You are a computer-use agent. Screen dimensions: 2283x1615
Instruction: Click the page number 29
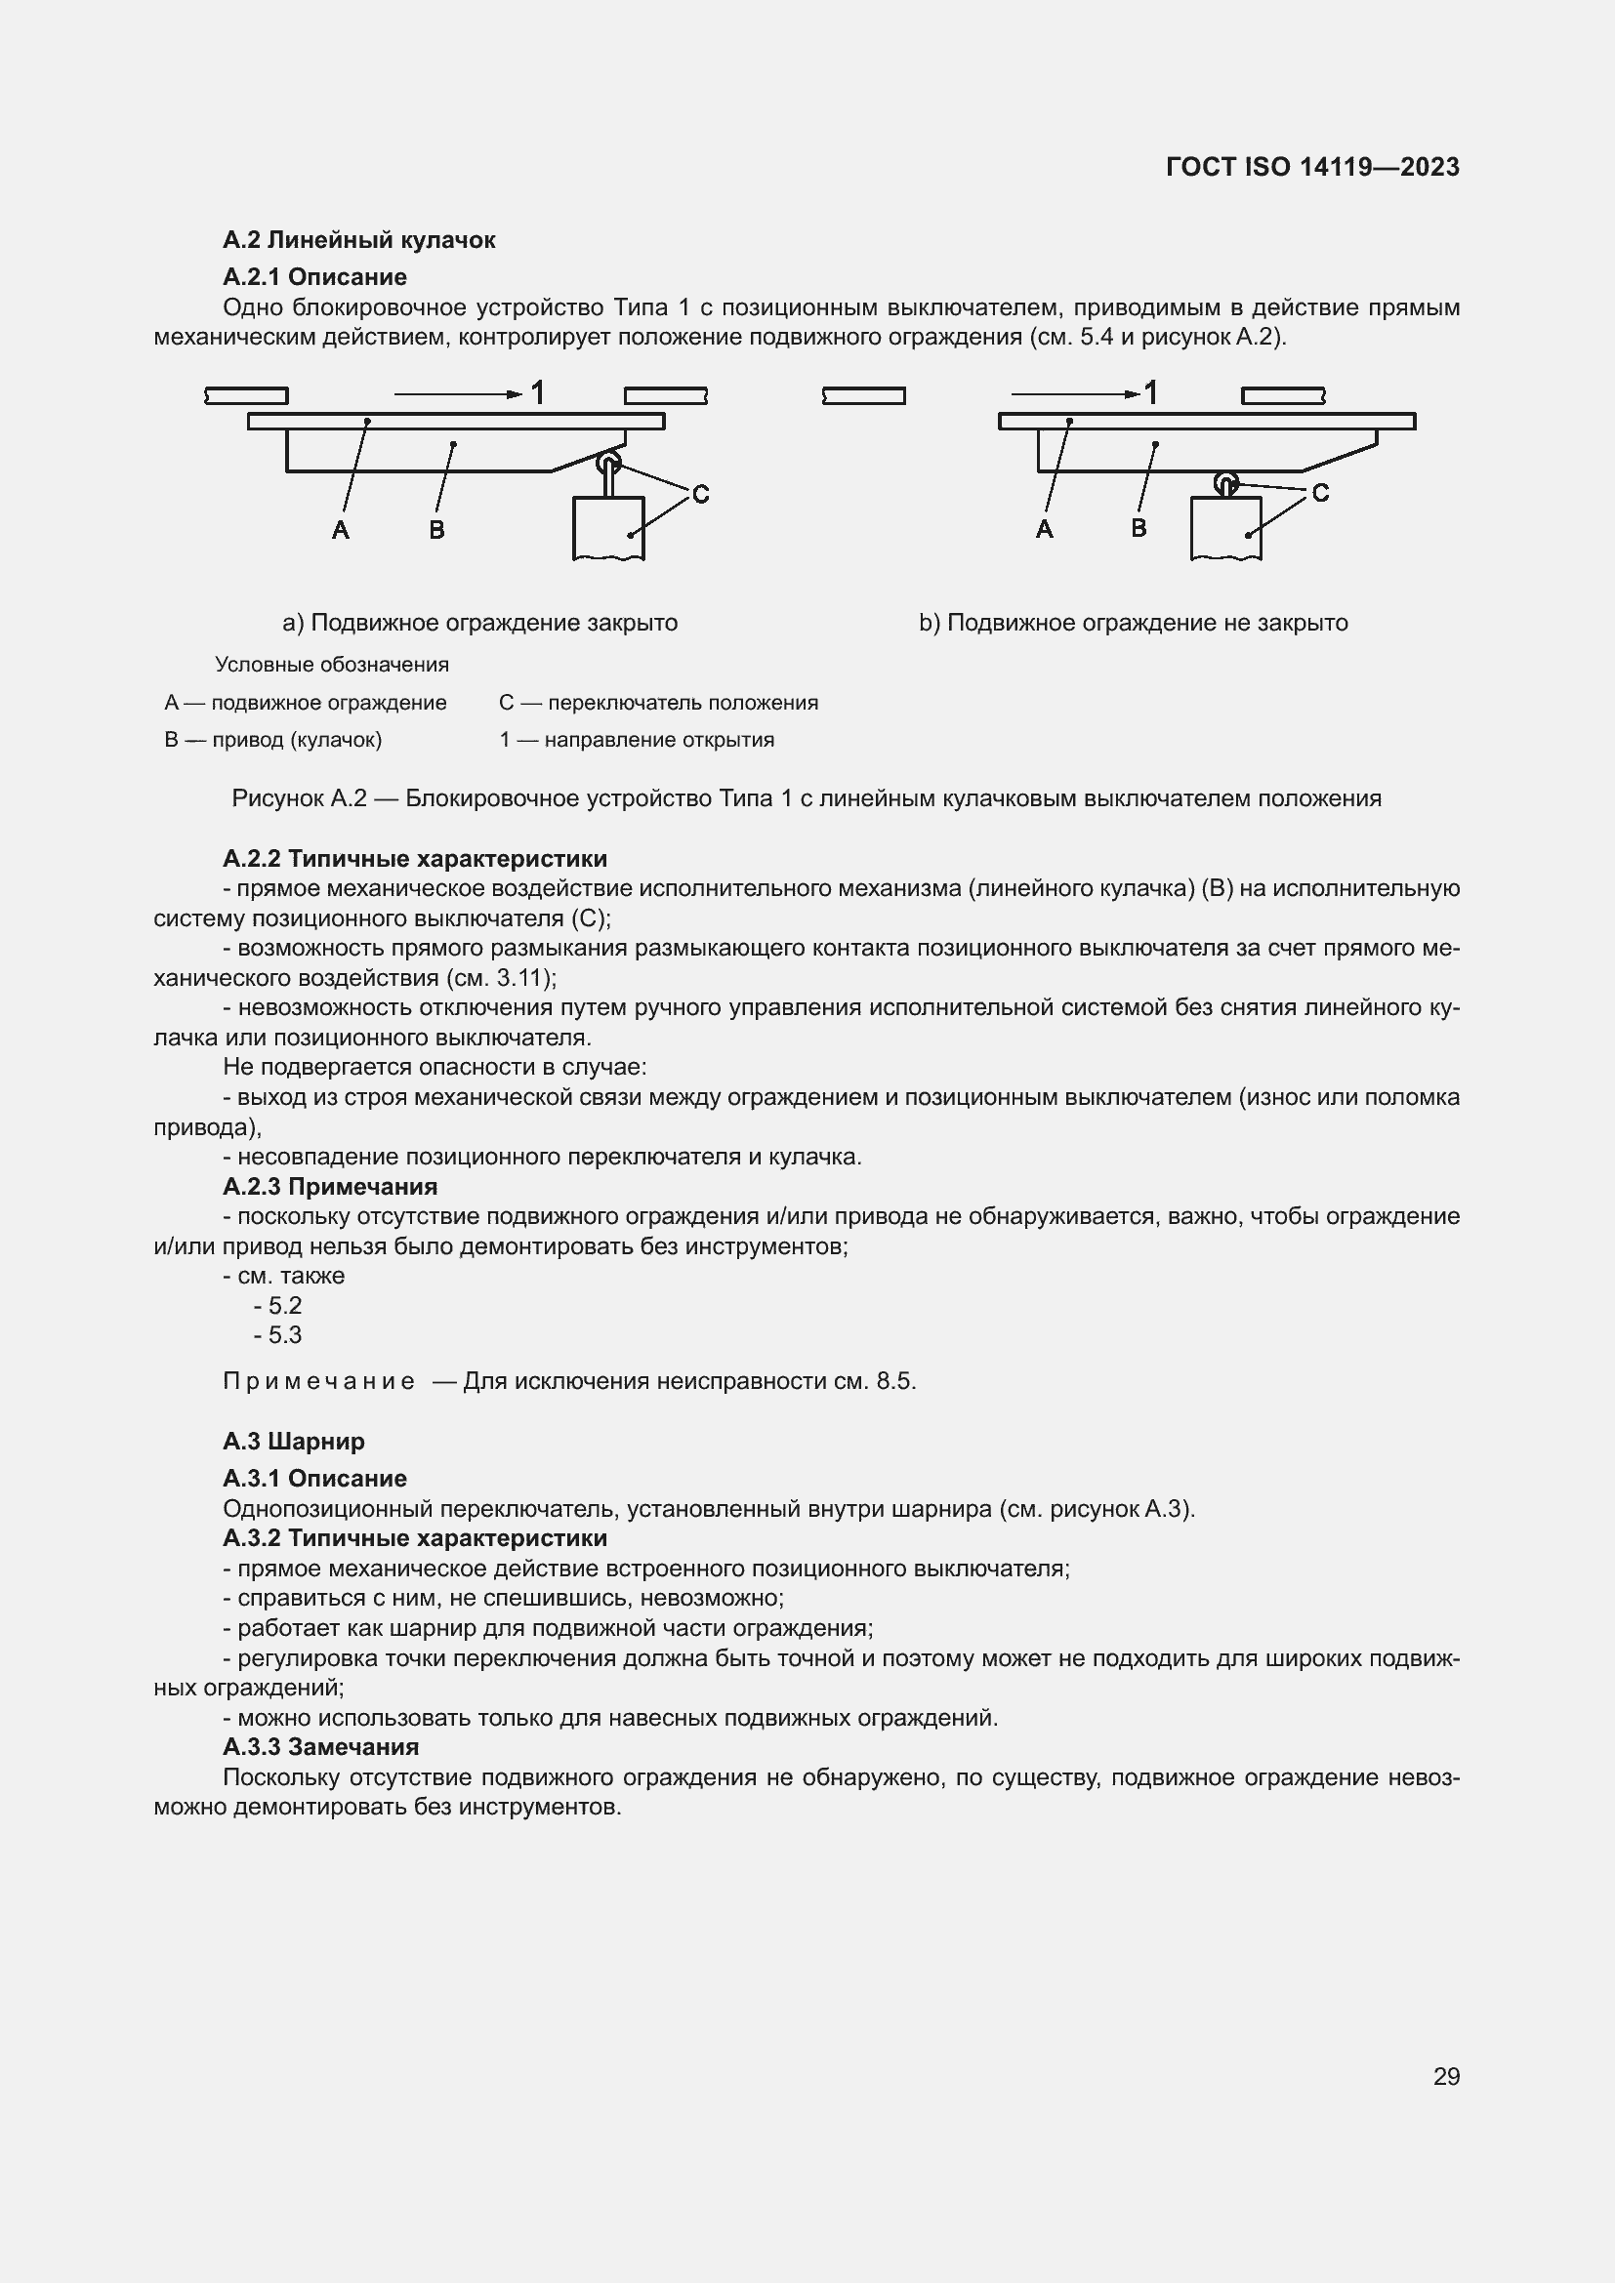pos(1446,2075)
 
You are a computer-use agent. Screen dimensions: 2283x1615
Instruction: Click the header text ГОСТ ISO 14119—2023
pos(1311,167)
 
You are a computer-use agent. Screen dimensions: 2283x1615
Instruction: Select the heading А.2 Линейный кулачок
pos(358,240)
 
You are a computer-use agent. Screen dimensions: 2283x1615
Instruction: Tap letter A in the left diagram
pos(340,530)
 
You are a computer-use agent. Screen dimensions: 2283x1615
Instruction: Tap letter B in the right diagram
pos(1139,528)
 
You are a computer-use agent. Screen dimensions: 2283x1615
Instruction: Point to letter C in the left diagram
pos(700,494)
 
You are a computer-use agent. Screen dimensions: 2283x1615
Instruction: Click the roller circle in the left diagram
pos(607,464)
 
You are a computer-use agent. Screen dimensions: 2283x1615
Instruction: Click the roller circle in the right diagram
pos(1226,484)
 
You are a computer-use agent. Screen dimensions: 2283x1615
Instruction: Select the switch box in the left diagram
pos(608,527)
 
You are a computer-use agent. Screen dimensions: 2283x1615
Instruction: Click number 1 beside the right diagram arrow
pos(1150,392)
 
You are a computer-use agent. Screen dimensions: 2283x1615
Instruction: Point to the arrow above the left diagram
pos(457,394)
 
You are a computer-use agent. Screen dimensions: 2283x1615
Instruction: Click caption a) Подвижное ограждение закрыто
pos(479,623)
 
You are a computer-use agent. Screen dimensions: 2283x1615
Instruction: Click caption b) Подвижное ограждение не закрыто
pos(1133,623)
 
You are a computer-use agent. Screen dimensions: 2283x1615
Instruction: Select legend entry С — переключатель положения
pos(658,703)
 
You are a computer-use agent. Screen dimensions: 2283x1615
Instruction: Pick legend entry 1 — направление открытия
pos(637,740)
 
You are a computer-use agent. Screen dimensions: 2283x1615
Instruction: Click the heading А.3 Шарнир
pos(293,1441)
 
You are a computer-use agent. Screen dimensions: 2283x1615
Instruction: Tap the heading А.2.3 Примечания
pos(330,1186)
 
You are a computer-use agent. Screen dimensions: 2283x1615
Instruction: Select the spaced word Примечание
pos(318,1381)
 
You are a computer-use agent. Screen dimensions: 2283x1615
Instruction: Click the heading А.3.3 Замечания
pos(320,1747)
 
